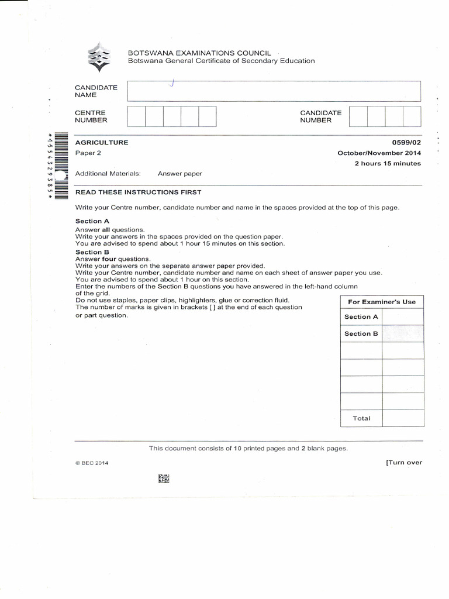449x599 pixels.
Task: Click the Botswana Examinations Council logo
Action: (98, 57)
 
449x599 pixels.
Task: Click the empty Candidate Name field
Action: (274, 91)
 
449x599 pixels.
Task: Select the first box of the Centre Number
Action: (136, 116)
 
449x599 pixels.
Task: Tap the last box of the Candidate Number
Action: (412, 116)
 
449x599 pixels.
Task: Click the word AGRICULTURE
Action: (102, 143)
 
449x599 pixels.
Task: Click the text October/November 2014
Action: (379, 153)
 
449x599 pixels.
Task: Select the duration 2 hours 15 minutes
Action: (388, 164)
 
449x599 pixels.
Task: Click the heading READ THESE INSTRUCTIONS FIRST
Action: (138, 192)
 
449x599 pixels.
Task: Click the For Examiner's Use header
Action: (382, 302)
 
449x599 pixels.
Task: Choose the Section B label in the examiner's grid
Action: (361, 333)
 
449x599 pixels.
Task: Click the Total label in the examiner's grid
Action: (361, 418)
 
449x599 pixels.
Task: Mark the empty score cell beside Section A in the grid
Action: (403, 316)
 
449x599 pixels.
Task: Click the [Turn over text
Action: (403, 463)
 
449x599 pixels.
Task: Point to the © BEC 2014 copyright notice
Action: (92, 463)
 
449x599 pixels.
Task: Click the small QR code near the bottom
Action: (164, 479)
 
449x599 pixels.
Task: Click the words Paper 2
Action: (88, 153)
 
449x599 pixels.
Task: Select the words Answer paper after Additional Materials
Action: (179, 174)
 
